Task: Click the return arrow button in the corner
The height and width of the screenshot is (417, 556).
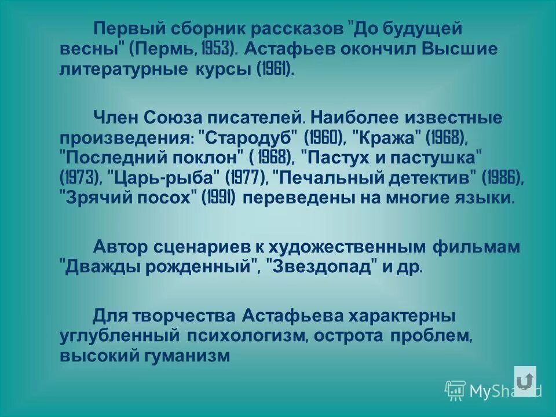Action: [525, 381]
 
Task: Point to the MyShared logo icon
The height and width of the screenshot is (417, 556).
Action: [455, 390]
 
